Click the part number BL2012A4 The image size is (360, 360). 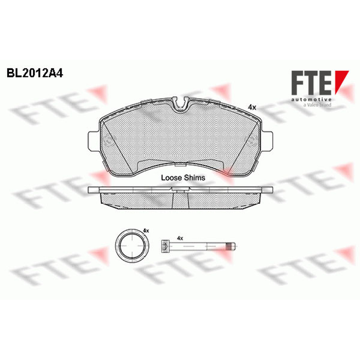(x=35, y=73)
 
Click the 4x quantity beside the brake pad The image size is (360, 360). (x=252, y=107)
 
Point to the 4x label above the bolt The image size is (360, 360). (x=180, y=238)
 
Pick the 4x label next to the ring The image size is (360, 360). (x=146, y=230)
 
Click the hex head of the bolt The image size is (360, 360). (x=164, y=246)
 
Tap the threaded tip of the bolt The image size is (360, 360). (x=231, y=246)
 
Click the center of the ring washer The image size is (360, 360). (x=132, y=246)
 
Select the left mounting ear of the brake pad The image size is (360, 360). (x=94, y=141)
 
